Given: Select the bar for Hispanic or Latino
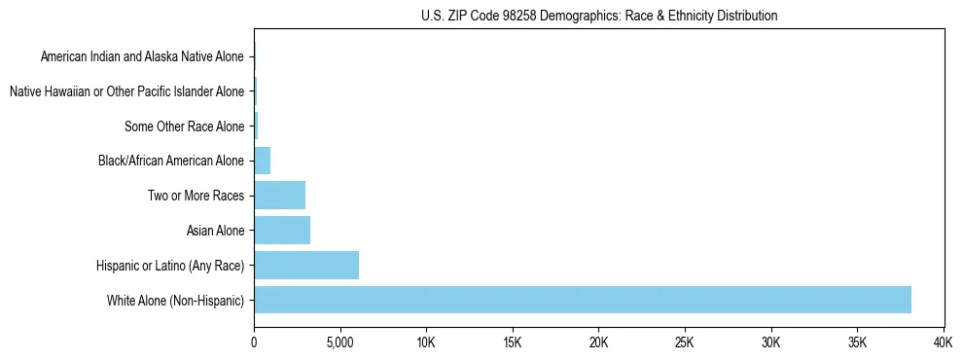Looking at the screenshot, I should [x=306, y=265].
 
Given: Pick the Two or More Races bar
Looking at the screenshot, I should [x=279, y=196].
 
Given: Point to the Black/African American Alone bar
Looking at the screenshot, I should [x=262, y=161].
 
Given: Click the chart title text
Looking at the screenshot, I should [x=599, y=16].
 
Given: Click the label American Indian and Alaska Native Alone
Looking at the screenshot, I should [x=142, y=56].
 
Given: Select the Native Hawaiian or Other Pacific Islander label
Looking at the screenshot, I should [x=126, y=91].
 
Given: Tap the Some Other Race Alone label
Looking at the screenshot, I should [x=185, y=126].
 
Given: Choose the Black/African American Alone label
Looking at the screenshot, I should [x=171, y=161].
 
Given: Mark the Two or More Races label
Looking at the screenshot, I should [x=196, y=196].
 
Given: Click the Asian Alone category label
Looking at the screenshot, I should [x=216, y=231].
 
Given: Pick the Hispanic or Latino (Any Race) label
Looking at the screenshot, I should [x=170, y=265].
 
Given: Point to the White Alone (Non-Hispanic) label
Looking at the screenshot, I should [x=176, y=300].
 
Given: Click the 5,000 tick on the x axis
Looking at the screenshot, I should [x=339, y=343].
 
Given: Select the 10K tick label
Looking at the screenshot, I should [x=426, y=343].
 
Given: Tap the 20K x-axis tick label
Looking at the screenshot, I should [x=598, y=343].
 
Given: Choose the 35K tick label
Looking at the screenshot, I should [x=857, y=343].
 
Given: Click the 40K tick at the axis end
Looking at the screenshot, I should [x=943, y=343].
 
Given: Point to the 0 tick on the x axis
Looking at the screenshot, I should [x=254, y=343].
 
